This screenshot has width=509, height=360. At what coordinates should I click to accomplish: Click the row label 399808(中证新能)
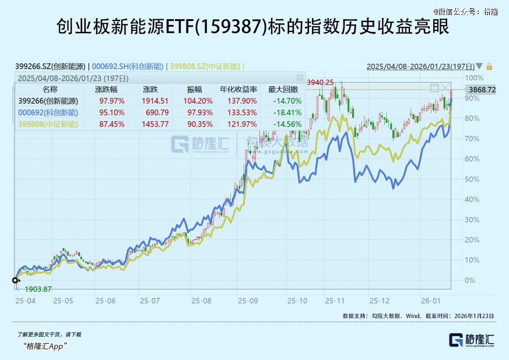48,124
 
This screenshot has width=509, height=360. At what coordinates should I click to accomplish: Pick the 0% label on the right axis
470,280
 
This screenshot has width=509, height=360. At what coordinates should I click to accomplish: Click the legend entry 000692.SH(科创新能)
128,66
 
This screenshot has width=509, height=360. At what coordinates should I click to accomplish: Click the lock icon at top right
490,66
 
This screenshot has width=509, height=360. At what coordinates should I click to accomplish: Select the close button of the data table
300,77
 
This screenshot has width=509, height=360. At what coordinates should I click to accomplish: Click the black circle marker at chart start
16,280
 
